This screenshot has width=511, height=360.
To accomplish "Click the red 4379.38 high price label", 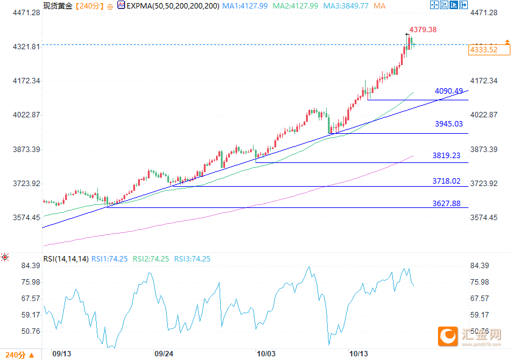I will click(423, 29).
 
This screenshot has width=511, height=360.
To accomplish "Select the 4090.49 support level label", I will click(449, 91).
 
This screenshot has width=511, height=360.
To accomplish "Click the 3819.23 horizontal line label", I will click(447, 156).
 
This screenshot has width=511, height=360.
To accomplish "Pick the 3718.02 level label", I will click(447, 181).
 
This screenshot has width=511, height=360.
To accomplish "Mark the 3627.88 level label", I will click(447, 204).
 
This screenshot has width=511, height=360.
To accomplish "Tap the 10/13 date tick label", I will click(359, 353).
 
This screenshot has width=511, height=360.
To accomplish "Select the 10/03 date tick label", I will click(266, 353).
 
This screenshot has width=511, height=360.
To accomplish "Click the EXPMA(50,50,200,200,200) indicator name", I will click(172, 5).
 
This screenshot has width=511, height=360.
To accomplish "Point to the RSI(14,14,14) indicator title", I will click(65, 258).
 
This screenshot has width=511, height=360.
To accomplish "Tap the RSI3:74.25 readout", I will click(192, 258).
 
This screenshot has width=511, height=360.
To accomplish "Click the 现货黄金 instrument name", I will click(57, 5).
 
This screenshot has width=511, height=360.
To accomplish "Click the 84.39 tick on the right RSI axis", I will click(480, 266).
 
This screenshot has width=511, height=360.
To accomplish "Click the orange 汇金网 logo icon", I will click(448, 335).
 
